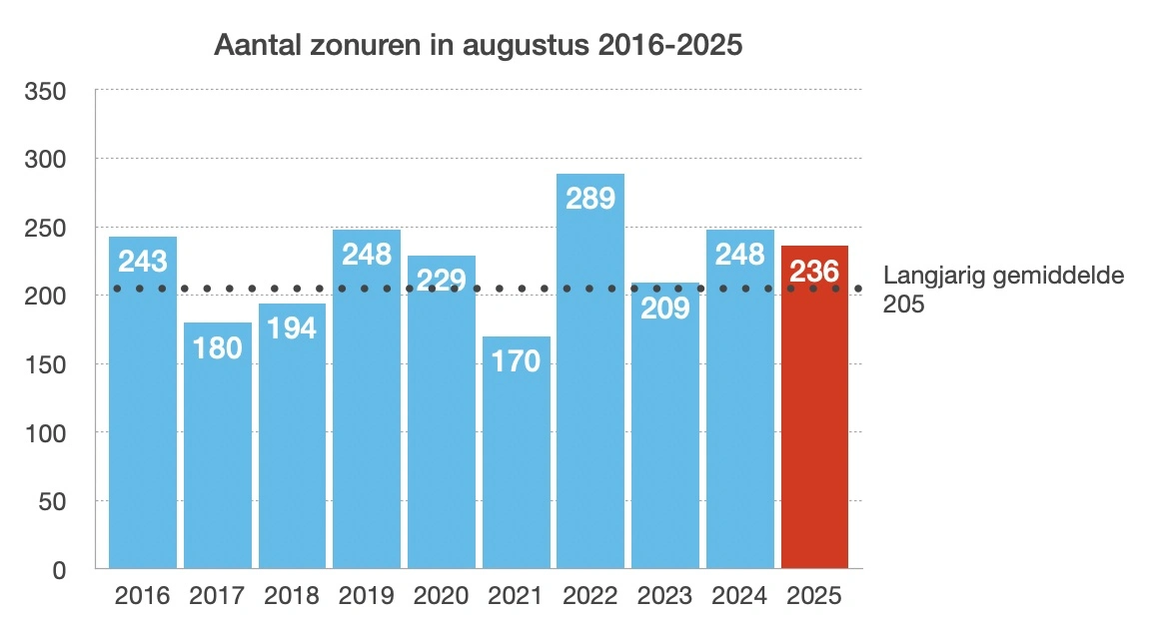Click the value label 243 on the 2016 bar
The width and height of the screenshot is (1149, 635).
(143, 262)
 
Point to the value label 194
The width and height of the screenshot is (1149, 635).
(292, 326)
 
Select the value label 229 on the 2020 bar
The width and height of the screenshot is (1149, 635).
(441, 279)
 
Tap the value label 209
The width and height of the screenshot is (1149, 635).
(665, 308)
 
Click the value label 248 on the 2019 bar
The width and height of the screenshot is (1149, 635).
(367, 254)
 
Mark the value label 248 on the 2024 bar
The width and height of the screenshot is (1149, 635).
(740, 254)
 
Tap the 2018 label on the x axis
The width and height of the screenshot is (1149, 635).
(292, 596)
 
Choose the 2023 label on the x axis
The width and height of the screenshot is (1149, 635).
(665, 596)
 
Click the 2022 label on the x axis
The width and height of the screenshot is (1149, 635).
(590, 596)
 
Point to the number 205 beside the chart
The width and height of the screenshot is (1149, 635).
(904, 305)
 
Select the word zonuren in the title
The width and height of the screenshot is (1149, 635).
(331, 47)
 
